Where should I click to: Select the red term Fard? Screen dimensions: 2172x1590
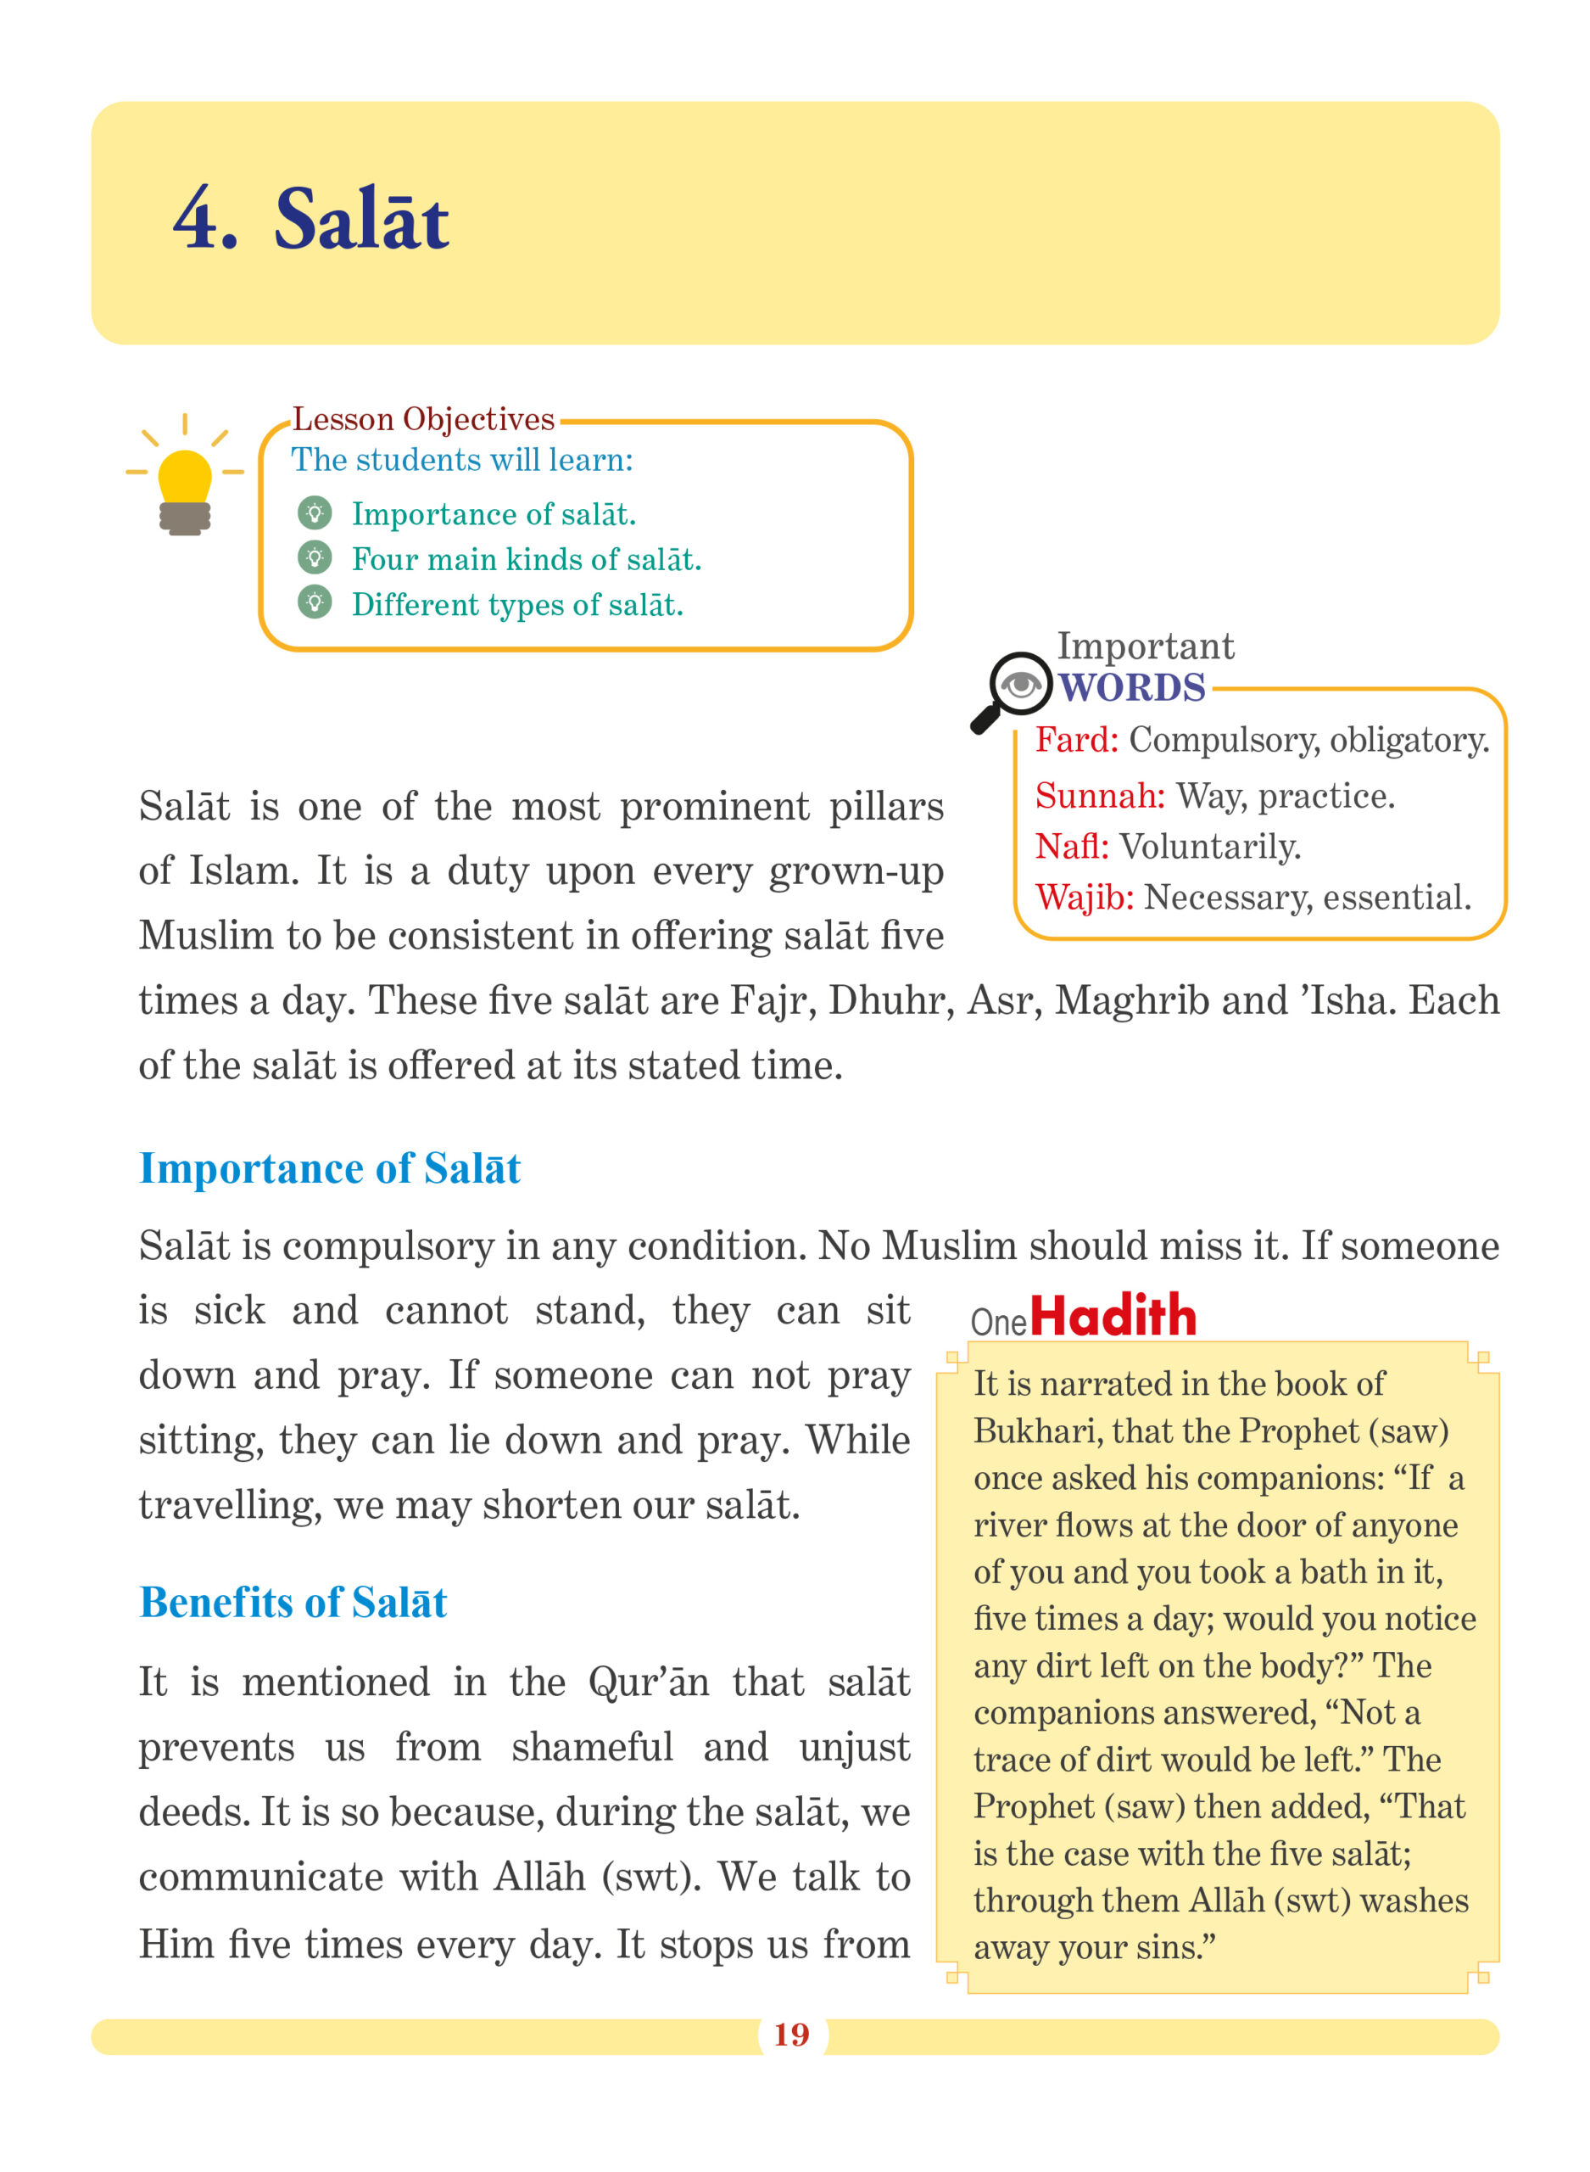pyautogui.click(x=1076, y=741)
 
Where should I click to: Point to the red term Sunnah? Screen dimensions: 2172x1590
pyautogui.click(x=1099, y=796)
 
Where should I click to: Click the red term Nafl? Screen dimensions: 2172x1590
pyautogui.click(x=1071, y=848)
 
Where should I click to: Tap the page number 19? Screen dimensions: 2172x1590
pyautogui.click(x=791, y=2035)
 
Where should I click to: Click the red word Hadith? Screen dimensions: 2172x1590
pyautogui.click(x=1113, y=1316)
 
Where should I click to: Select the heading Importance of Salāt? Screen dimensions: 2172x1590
pyautogui.click(x=329, y=1169)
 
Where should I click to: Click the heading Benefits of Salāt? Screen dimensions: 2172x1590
pyautogui.click(x=293, y=1603)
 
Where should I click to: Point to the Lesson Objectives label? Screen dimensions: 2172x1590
pyautogui.click(x=423, y=420)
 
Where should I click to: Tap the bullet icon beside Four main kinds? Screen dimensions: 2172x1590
pyautogui.click(x=315, y=557)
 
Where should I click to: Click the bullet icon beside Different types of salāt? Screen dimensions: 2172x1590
pyautogui.click(x=315, y=602)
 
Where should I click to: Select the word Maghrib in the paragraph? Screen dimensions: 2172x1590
pyautogui.click(x=1132, y=1001)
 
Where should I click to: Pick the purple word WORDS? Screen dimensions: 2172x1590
pyautogui.click(x=1132, y=688)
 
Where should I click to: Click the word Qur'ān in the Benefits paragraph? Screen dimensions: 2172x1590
pyautogui.click(x=649, y=1683)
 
